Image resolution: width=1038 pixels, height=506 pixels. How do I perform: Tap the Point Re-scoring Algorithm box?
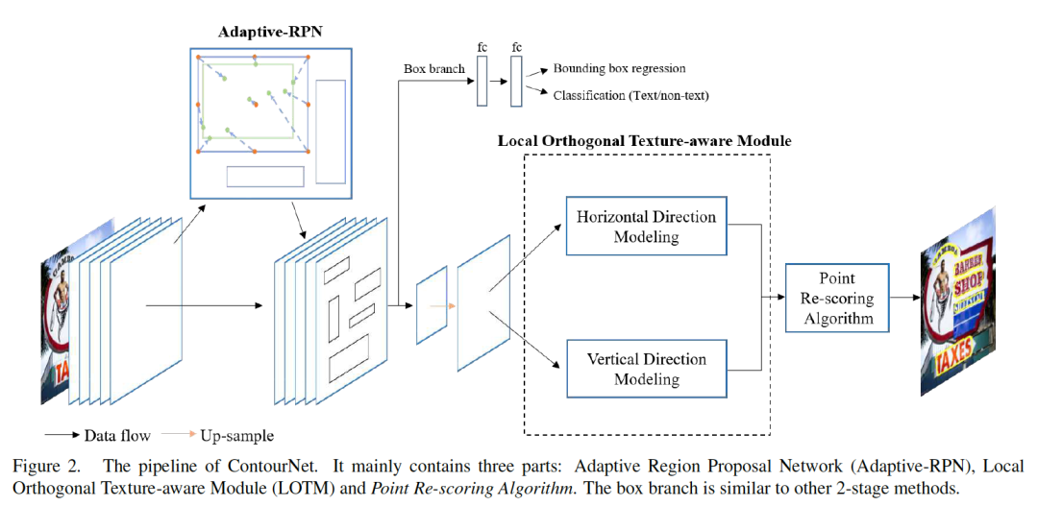point(835,299)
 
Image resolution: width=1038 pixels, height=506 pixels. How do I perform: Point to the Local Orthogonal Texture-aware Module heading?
point(644,141)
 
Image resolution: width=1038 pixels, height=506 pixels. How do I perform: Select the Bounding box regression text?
point(619,69)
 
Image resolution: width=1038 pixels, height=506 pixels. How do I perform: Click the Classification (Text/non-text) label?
point(630,95)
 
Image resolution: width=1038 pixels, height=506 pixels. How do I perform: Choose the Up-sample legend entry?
point(235,436)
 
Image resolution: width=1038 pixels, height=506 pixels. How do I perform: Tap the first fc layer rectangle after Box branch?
point(482,82)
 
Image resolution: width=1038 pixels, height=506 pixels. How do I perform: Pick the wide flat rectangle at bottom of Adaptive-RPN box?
point(264,177)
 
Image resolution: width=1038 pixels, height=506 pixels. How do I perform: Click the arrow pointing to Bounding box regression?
point(538,71)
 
